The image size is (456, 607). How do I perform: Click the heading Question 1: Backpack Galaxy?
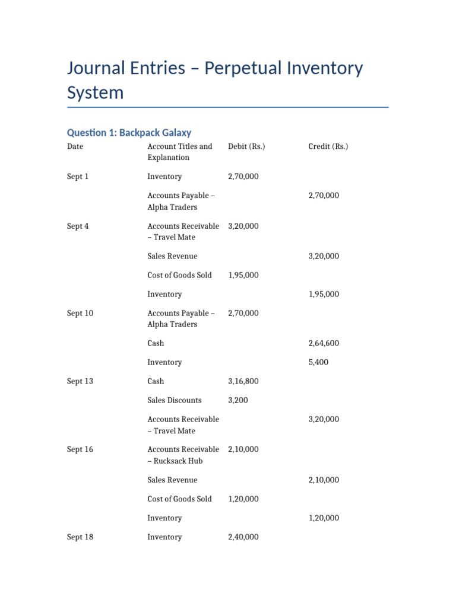point(129,133)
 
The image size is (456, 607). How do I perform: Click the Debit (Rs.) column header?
point(246,146)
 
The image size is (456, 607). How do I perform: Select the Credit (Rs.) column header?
point(328,146)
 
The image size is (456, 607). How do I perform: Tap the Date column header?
point(75,146)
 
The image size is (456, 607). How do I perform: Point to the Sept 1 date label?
point(78,177)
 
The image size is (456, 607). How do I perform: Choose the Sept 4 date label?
point(78,226)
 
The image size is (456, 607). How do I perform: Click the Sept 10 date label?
point(80,313)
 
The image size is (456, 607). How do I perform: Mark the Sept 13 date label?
point(80,381)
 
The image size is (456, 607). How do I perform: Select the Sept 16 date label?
point(80,449)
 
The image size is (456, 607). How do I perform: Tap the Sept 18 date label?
point(80,537)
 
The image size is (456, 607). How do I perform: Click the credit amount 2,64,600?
point(324,343)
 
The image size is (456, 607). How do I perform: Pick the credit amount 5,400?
point(318,362)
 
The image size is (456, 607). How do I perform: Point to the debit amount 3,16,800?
point(243,381)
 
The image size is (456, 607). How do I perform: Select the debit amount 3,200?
point(238,400)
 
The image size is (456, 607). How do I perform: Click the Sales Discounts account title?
point(175,400)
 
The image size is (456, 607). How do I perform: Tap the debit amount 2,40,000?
point(243,537)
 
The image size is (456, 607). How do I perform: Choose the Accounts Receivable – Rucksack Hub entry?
point(183,455)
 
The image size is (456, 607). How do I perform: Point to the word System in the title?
point(96,92)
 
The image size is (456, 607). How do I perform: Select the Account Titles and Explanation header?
point(179,152)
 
